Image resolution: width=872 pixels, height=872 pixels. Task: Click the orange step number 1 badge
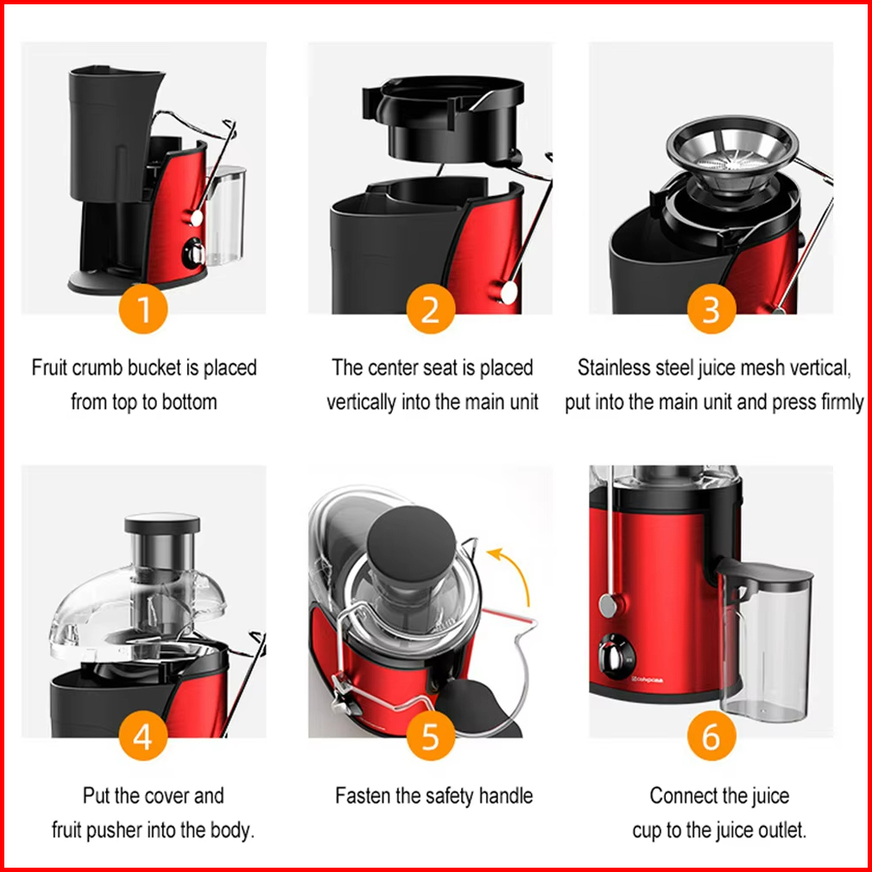coord(143,309)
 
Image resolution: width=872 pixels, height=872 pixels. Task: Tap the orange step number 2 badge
coord(431,309)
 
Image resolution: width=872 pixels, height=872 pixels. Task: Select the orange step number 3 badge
coord(711,309)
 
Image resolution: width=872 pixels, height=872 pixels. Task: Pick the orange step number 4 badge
coord(143,736)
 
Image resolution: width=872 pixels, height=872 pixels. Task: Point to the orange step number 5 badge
coord(431,736)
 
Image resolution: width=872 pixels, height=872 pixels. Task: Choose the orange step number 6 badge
coord(711,736)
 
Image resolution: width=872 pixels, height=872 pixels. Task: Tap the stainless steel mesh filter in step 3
coord(732,153)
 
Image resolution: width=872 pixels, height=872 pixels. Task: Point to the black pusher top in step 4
coord(162,523)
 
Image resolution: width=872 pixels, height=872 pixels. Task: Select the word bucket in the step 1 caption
coord(155,368)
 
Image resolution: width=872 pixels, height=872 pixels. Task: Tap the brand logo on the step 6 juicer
coord(648,679)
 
